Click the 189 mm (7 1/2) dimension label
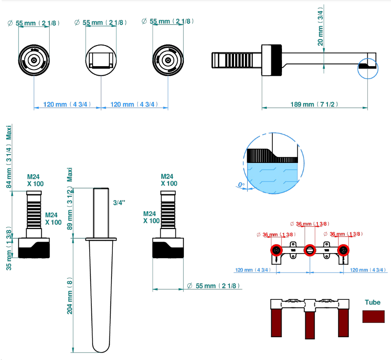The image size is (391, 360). pyautogui.click(x=314, y=104)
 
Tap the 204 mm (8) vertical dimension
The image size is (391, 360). pyautogui.click(x=69, y=296)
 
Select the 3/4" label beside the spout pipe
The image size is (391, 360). pyautogui.click(x=119, y=203)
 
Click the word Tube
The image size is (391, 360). pyautogui.click(x=372, y=302)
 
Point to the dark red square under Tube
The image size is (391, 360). pyautogui.click(x=373, y=317)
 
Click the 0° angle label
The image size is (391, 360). pyautogui.click(x=241, y=185)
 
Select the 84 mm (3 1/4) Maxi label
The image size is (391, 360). pyautogui.click(x=9, y=157)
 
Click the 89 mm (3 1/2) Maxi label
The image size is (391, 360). pyautogui.click(x=69, y=199)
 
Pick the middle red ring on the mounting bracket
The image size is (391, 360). pyautogui.click(x=310, y=250)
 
